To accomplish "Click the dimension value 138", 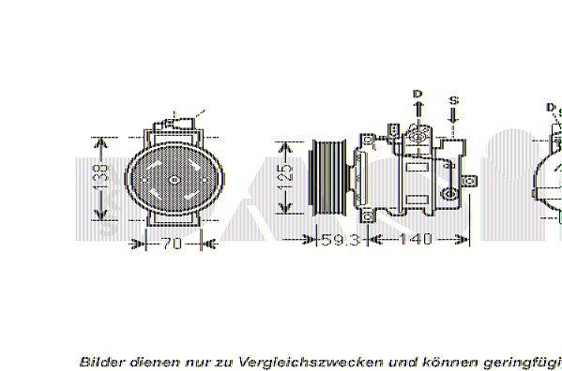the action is click(x=103, y=173).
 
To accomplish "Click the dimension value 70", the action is click(x=170, y=245).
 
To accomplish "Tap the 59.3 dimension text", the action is click(x=341, y=240).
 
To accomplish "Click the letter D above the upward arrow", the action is click(x=418, y=94).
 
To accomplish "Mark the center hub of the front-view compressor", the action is click(x=173, y=178).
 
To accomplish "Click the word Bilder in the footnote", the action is click(x=99, y=361).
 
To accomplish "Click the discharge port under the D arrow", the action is click(x=417, y=136).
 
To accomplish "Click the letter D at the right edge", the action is click(x=551, y=109).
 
